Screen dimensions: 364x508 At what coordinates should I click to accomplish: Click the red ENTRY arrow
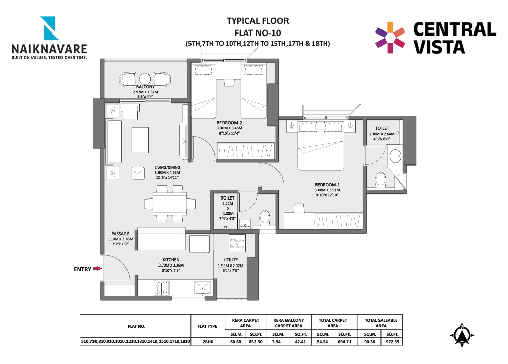[x=96, y=269]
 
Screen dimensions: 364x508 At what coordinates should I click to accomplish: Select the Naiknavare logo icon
[x=50, y=28]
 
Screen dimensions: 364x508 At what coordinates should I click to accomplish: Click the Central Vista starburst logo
[x=390, y=37]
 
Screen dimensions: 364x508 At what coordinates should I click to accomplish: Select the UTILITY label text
[x=231, y=260]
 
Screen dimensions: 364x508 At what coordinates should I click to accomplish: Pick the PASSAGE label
[x=120, y=234]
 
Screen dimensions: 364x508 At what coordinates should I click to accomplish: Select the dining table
[x=170, y=204]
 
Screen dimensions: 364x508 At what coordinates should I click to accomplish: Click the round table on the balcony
[x=145, y=79]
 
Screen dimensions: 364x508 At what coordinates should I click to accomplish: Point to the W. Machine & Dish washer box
[x=237, y=243]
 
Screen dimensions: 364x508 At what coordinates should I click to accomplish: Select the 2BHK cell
[x=207, y=342]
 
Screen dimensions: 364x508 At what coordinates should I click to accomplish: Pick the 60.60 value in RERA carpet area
[x=235, y=342]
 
